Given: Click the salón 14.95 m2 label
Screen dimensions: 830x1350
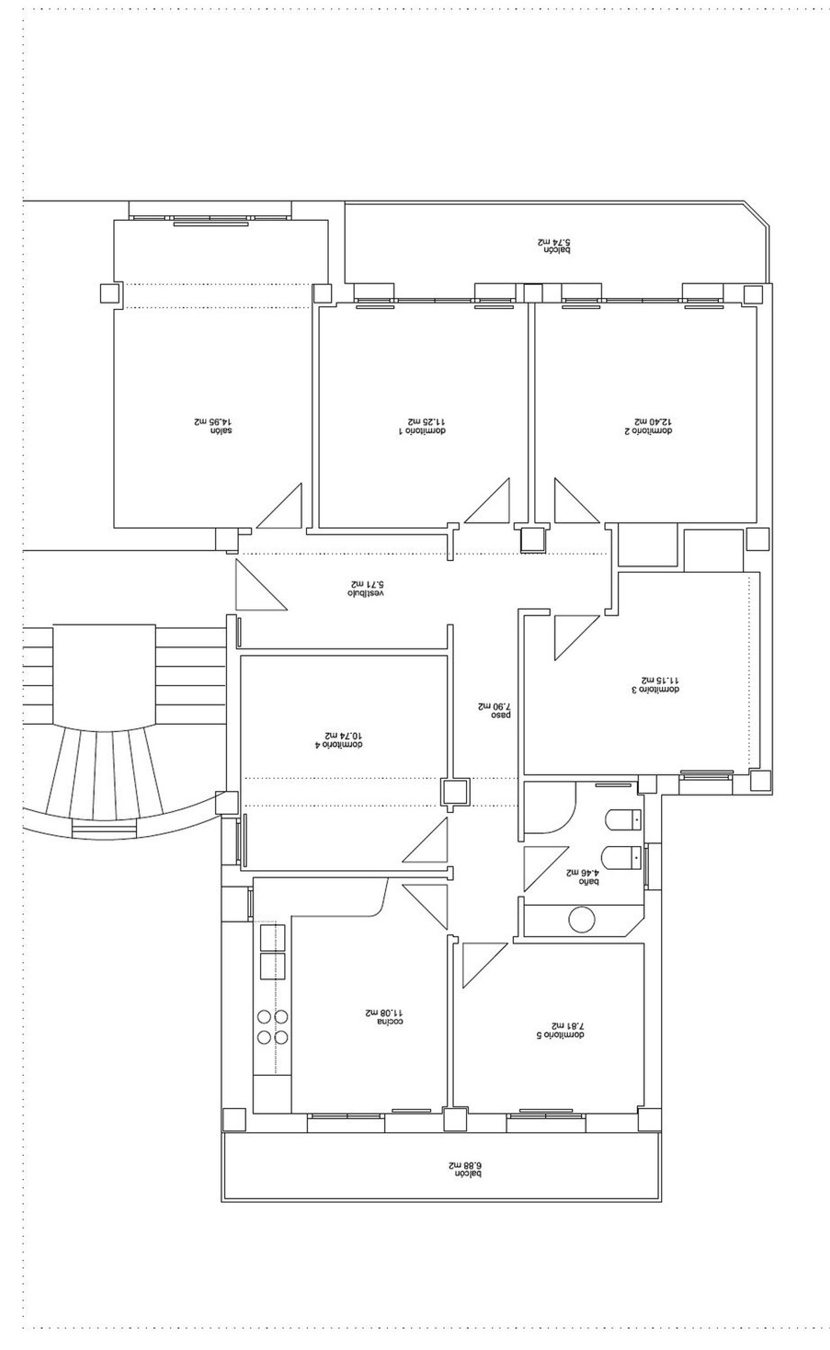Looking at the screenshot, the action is [x=213, y=425].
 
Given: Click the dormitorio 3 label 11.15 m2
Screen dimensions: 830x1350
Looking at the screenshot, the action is [x=660, y=684].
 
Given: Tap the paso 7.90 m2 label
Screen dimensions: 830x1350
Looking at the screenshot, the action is [x=494, y=710].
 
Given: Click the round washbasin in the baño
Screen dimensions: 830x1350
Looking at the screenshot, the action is [x=582, y=920].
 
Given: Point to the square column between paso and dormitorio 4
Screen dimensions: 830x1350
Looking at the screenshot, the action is [x=455, y=792].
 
